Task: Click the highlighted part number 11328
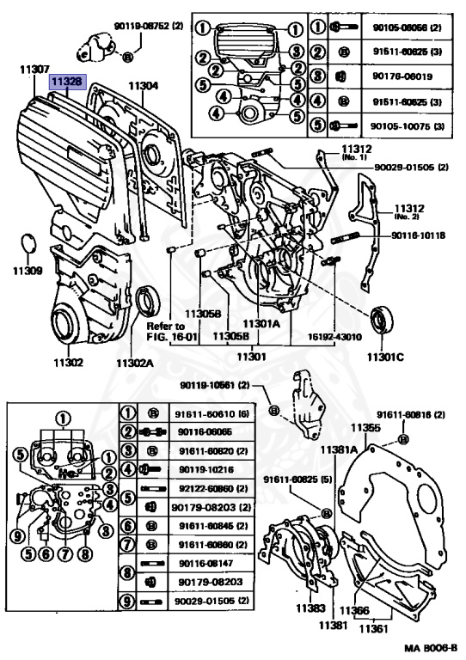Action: point(65,82)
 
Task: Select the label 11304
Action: point(144,86)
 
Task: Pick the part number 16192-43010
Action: point(331,337)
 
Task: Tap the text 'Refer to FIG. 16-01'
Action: point(164,332)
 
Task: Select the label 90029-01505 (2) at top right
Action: point(420,167)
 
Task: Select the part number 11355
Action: point(365,427)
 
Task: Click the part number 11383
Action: point(310,608)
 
